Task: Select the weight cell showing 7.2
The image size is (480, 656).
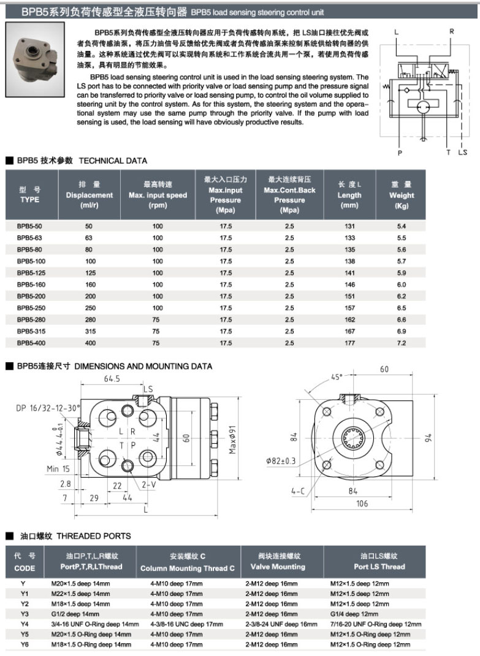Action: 402,343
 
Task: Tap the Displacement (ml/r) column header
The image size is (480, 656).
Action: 90,195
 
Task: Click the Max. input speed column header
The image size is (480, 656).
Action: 158,195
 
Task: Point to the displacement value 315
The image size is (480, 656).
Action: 89,331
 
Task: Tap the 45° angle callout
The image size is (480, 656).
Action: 337,378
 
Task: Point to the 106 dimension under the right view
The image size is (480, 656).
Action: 362,504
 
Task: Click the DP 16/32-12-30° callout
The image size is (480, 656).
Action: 49,408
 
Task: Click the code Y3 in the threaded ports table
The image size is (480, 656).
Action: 25,614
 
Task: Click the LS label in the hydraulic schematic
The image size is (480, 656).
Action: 462,153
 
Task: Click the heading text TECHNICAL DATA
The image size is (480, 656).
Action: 113,161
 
